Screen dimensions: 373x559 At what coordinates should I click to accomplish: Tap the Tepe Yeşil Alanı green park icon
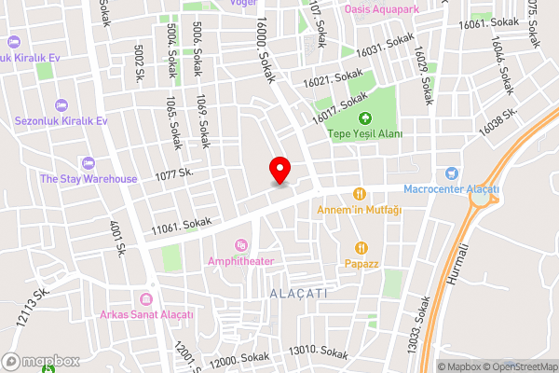[x=365, y=118]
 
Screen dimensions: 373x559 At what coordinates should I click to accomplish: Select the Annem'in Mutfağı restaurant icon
[x=359, y=194]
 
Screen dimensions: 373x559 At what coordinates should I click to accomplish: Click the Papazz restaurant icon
[x=361, y=248]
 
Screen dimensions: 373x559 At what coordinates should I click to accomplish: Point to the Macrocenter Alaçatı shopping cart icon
[x=452, y=173]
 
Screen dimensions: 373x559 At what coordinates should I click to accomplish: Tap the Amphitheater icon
[x=241, y=245]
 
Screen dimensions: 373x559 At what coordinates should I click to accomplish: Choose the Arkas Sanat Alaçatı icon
[x=146, y=298]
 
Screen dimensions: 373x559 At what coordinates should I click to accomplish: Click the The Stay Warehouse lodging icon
[x=89, y=163]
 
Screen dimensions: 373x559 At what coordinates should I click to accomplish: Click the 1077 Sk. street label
[x=173, y=173]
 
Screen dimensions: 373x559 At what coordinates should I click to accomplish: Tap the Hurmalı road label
[x=456, y=269]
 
